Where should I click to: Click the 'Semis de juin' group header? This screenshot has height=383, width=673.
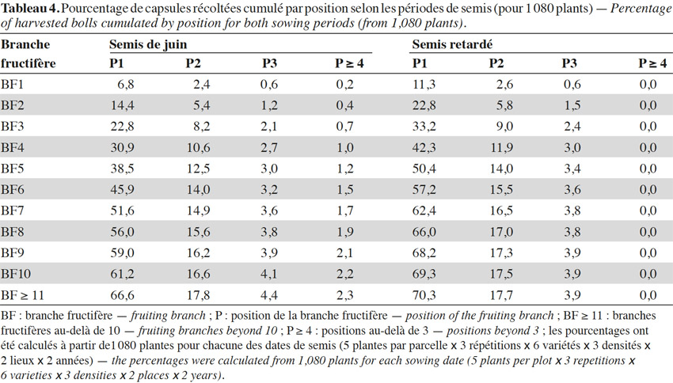pos(148,44)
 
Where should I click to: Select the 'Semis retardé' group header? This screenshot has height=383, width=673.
pos(452,44)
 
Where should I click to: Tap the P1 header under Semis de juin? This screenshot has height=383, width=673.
pos(116,63)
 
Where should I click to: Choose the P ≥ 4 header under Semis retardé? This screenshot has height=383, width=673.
pos(652,63)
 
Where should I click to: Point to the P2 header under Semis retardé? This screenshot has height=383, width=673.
pos(496,63)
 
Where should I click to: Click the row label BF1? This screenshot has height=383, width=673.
pos(12,84)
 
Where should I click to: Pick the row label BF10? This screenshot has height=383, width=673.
pos(16,274)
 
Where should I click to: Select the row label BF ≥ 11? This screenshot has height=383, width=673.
pos(22,295)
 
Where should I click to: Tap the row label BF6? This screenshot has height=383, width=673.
pos(13,190)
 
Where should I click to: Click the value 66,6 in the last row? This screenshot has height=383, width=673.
pos(122,295)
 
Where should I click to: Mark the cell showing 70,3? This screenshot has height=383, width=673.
pos(424,295)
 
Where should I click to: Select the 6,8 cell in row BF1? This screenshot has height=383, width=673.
pos(126,84)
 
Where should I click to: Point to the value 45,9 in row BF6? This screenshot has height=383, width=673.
pos(122,190)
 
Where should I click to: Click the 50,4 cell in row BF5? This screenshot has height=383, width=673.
pos(424,169)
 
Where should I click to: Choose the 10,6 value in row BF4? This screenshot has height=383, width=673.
pos(198,147)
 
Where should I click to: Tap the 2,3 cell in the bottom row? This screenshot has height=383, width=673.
pos(345,295)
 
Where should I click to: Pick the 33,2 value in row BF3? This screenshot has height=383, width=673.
pos(424,127)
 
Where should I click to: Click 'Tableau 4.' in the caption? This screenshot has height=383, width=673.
pos(30,9)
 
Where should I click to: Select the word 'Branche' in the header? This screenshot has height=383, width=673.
pos(25,44)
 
